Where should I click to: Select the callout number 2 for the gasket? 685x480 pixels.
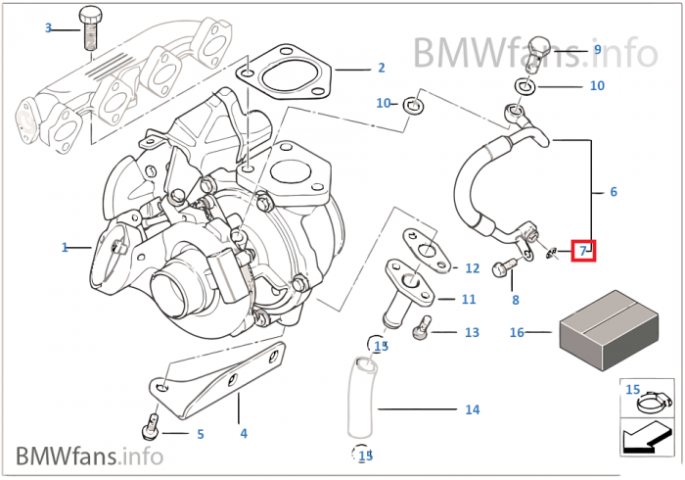(381, 69)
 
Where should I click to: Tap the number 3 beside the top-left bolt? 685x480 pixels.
(48, 28)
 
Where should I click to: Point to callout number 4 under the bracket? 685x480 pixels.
(244, 433)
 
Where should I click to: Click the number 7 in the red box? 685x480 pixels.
(583, 251)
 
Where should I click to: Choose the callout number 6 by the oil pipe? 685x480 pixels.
(614, 192)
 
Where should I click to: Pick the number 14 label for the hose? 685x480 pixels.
(473, 409)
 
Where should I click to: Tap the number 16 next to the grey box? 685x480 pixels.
(518, 332)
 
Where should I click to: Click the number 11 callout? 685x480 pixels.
(469, 299)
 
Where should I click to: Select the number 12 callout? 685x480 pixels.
(472, 267)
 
